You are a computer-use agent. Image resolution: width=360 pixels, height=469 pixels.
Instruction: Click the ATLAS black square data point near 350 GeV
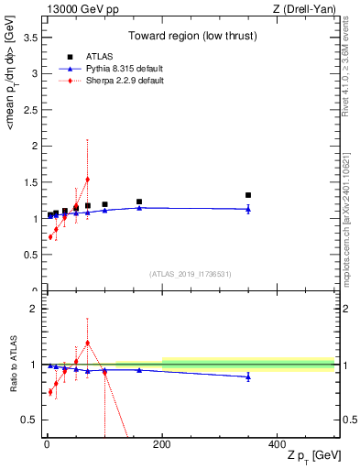coord(248,195)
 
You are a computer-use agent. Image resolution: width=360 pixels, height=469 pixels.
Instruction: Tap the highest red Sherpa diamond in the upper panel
coord(87,180)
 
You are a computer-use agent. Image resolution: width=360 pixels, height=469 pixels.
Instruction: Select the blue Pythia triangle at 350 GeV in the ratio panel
coord(248,376)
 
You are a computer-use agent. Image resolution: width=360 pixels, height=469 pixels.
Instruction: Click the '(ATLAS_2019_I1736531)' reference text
coord(190,274)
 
